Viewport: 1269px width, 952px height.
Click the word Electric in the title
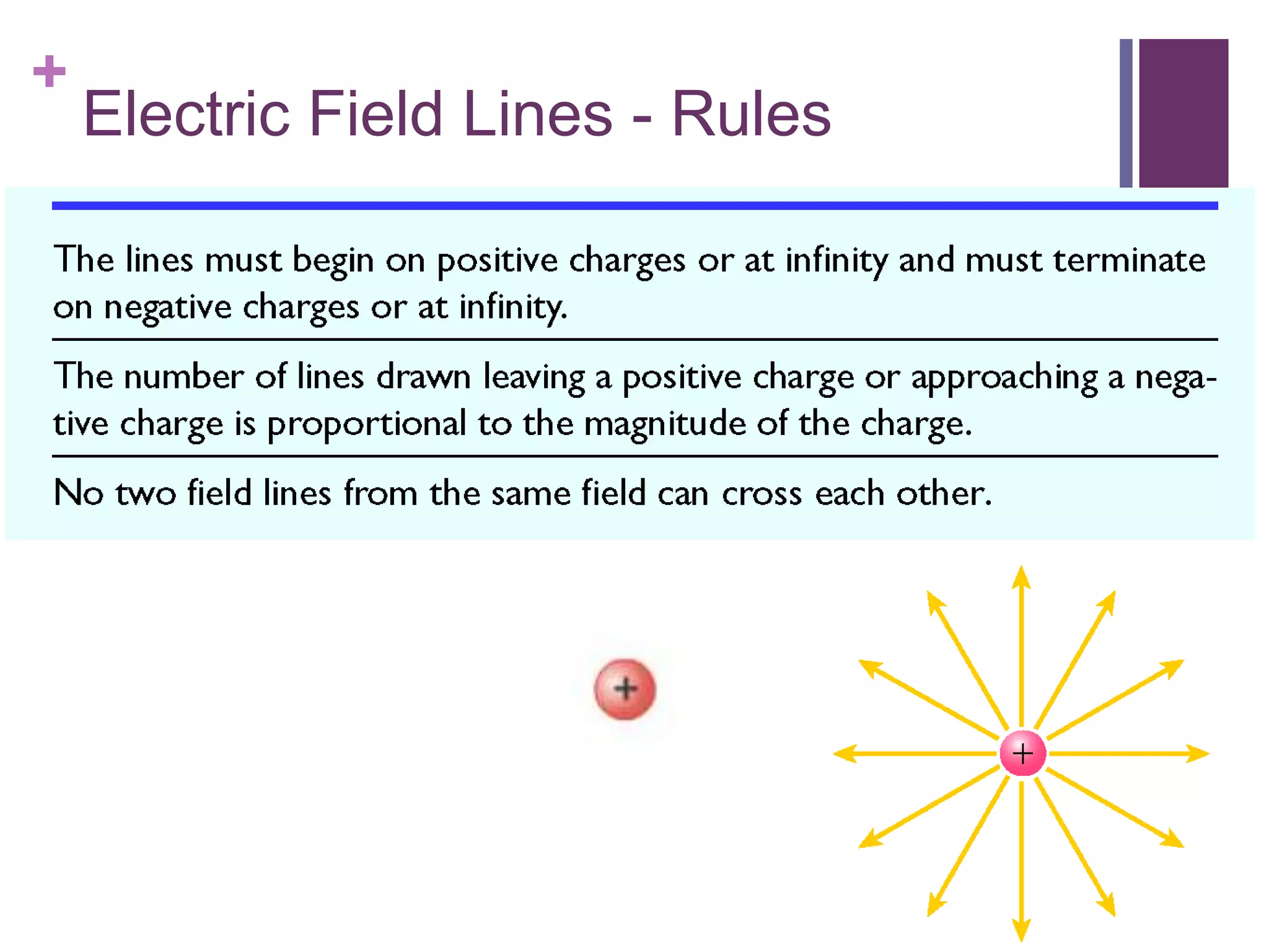point(187,114)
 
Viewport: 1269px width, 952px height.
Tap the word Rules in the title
point(750,114)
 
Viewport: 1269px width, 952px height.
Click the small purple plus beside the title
point(50,71)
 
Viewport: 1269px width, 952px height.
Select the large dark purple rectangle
point(1183,113)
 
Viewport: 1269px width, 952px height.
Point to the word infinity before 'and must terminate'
point(836,260)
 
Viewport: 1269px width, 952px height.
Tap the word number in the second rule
point(183,377)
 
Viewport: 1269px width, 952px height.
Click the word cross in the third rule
point(762,494)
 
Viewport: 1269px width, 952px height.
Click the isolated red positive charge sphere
point(625,689)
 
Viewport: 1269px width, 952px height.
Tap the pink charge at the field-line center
point(1022,754)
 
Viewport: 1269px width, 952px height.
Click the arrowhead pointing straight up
point(1022,578)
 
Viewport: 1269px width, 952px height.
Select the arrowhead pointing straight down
point(1022,930)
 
